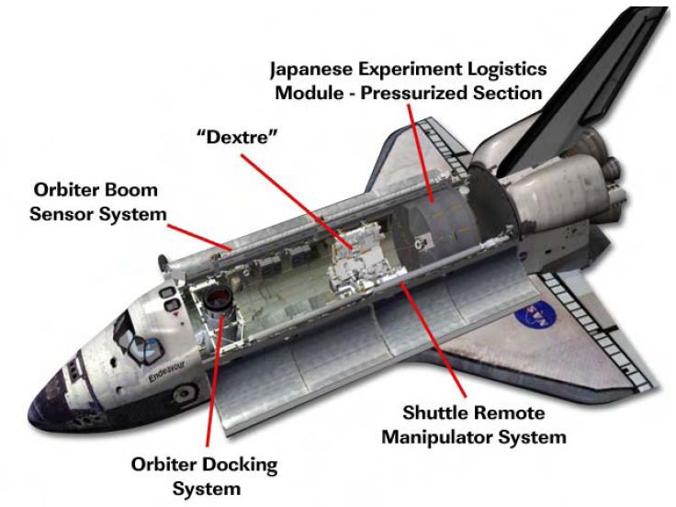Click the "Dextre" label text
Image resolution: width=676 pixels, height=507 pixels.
(237, 137)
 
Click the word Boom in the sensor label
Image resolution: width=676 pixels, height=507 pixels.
(131, 190)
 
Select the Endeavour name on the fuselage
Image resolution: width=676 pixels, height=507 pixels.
(167, 371)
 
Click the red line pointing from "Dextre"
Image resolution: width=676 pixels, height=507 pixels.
(297, 202)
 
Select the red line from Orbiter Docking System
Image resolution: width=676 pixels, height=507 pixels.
(214, 380)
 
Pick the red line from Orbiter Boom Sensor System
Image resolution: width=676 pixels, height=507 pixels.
(200, 237)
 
